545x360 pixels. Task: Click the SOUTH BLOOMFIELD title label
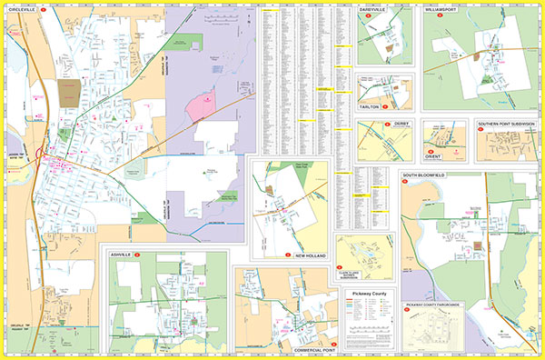pyautogui.click(x=434, y=174)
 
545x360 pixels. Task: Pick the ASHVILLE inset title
pyautogui.click(x=120, y=255)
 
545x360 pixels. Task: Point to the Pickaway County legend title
pyautogui.click(x=370, y=295)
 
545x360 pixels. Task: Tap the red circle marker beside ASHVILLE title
pyautogui.click(x=137, y=255)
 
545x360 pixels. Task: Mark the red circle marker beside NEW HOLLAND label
pyautogui.click(x=287, y=257)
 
